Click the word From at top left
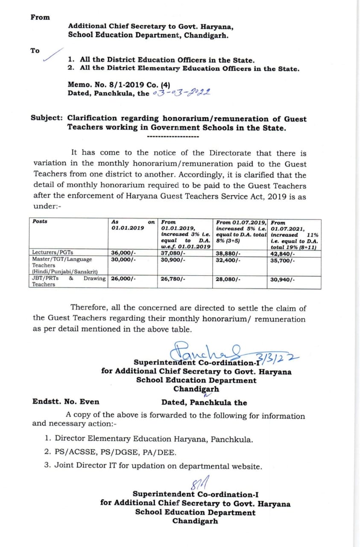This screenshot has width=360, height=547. point(40,18)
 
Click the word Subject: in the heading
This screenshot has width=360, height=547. point(47,119)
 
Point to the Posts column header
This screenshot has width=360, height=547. point(40,221)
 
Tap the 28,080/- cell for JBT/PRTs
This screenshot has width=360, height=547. point(228,279)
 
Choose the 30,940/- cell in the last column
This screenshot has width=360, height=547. point(282,279)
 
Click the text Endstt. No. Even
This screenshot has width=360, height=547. point(66,402)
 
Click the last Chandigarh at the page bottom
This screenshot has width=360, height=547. point(195,521)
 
